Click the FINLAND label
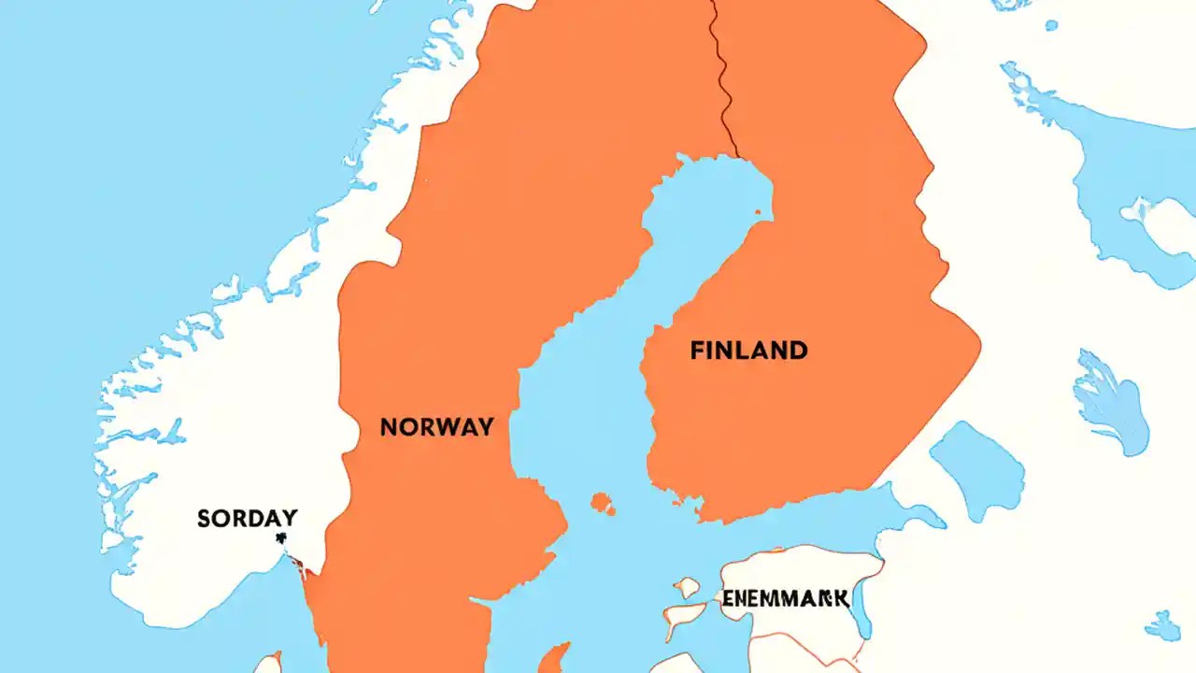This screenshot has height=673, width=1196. tap(748, 351)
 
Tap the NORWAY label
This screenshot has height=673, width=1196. tap(436, 427)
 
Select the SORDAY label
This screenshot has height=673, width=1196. tap(248, 518)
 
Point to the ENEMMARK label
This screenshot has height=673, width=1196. tap(785, 597)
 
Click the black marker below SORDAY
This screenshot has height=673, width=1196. tap(279, 538)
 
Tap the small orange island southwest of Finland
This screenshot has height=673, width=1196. tap(603, 504)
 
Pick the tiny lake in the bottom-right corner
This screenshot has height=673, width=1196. tap(1163, 625)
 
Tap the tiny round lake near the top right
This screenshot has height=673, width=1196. tap(1051, 25)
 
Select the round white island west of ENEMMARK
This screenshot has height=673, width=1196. tap(688, 587)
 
